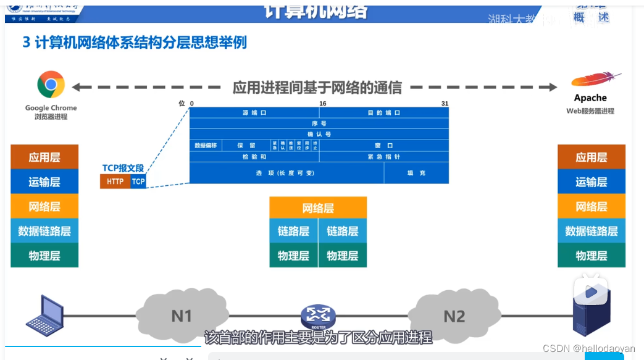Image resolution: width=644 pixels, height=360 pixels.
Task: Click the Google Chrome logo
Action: [51, 85]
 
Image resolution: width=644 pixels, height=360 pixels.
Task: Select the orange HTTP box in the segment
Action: [115, 182]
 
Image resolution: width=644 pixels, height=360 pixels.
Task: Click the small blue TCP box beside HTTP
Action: [138, 182]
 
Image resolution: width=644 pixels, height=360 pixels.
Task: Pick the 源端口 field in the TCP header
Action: [254, 113]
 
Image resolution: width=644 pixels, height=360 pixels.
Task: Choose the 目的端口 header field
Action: [384, 113]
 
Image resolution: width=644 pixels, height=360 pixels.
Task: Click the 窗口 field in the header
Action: [384, 146]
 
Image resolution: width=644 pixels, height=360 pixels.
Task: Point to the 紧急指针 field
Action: [384, 157]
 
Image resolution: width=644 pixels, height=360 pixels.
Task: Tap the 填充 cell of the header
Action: [416, 173]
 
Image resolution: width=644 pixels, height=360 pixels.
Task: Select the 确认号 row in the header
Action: [319, 134]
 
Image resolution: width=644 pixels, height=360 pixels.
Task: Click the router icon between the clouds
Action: [318, 317]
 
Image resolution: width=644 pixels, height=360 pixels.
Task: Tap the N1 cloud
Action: [182, 316]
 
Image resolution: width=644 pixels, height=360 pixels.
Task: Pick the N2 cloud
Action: [454, 316]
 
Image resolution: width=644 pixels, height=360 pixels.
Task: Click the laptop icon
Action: [44, 314]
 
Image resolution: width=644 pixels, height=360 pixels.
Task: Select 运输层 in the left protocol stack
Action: [44, 182]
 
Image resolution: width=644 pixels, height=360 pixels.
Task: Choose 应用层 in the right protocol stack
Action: [592, 157]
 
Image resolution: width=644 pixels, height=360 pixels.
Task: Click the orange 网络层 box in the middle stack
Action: [318, 208]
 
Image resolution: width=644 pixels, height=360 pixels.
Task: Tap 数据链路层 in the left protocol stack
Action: [44, 231]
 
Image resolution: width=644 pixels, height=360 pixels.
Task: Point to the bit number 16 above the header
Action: [322, 103]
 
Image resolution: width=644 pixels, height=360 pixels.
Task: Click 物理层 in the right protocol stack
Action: [592, 256]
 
